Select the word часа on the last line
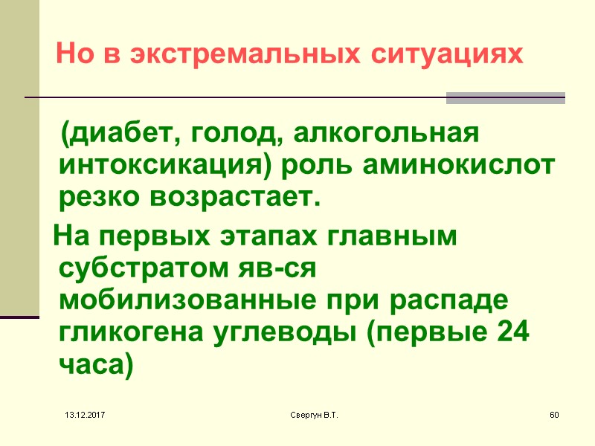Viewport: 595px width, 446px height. tap(92, 365)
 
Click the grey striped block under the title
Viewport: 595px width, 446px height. tap(505, 98)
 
